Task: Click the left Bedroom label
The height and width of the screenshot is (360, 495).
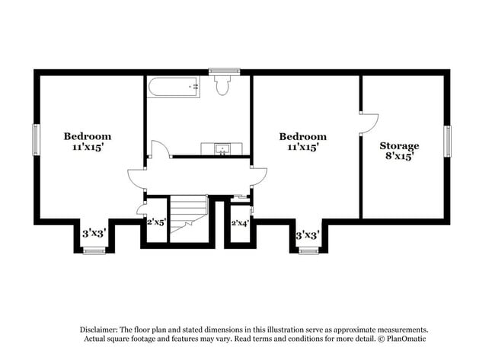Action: (x=88, y=136)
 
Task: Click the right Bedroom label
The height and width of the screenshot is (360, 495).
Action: (x=302, y=137)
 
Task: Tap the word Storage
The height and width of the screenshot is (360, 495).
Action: (x=399, y=145)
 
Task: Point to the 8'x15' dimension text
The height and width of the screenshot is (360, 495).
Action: (x=400, y=157)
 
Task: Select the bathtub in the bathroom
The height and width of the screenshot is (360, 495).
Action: (x=174, y=87)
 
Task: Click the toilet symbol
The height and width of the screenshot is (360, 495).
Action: (x=223, y=86)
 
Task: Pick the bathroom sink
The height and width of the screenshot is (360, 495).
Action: (x=222, y=148)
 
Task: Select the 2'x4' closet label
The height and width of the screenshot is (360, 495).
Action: (x=240, y=223)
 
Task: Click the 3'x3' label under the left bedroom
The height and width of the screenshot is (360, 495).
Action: (x=93, y=234)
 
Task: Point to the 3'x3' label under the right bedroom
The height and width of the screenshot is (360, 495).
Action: (x=307, y=234)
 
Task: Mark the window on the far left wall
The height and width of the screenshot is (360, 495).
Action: (x=35, y=139)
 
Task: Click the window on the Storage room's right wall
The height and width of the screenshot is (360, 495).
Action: (x=448, y=140)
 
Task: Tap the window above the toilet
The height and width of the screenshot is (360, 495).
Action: (x=224, y=72)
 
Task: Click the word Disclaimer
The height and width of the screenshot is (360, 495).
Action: (x=101, y=329)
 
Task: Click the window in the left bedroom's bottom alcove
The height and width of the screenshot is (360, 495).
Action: (x=94, y=250)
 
